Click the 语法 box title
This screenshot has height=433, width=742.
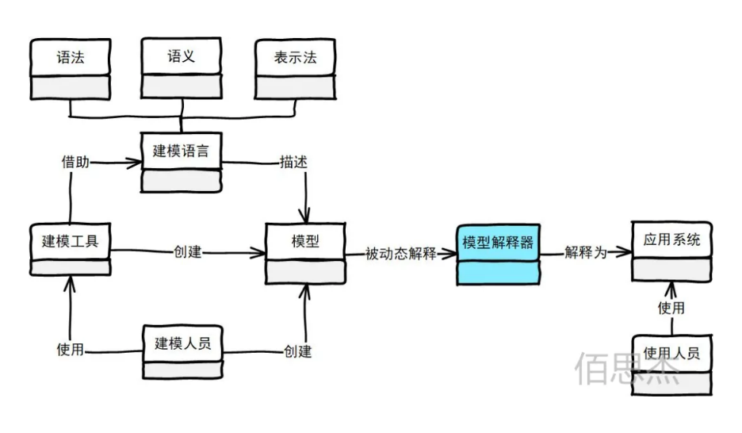71,57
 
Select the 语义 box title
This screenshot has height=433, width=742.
182,56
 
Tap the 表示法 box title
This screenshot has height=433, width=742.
295,57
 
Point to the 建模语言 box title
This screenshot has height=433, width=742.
181,151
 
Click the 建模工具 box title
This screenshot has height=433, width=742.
70,241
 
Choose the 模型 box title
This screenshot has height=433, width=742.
305,241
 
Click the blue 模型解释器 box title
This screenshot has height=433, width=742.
498,243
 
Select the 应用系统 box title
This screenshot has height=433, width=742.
671,239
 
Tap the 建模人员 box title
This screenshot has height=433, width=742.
182,343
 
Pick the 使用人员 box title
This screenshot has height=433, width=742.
671,353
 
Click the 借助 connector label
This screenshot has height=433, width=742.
75,162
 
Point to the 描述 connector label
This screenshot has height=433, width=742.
293,162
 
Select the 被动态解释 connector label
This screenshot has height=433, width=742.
401,254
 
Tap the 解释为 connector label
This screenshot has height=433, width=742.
586,252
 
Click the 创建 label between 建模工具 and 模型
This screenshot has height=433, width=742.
187,251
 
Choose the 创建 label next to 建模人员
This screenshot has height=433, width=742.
297,351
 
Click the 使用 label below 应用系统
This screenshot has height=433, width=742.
671,308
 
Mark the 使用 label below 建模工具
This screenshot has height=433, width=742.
70,350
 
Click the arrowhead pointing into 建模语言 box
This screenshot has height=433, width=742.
134,163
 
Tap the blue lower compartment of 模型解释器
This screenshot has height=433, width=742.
499,273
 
